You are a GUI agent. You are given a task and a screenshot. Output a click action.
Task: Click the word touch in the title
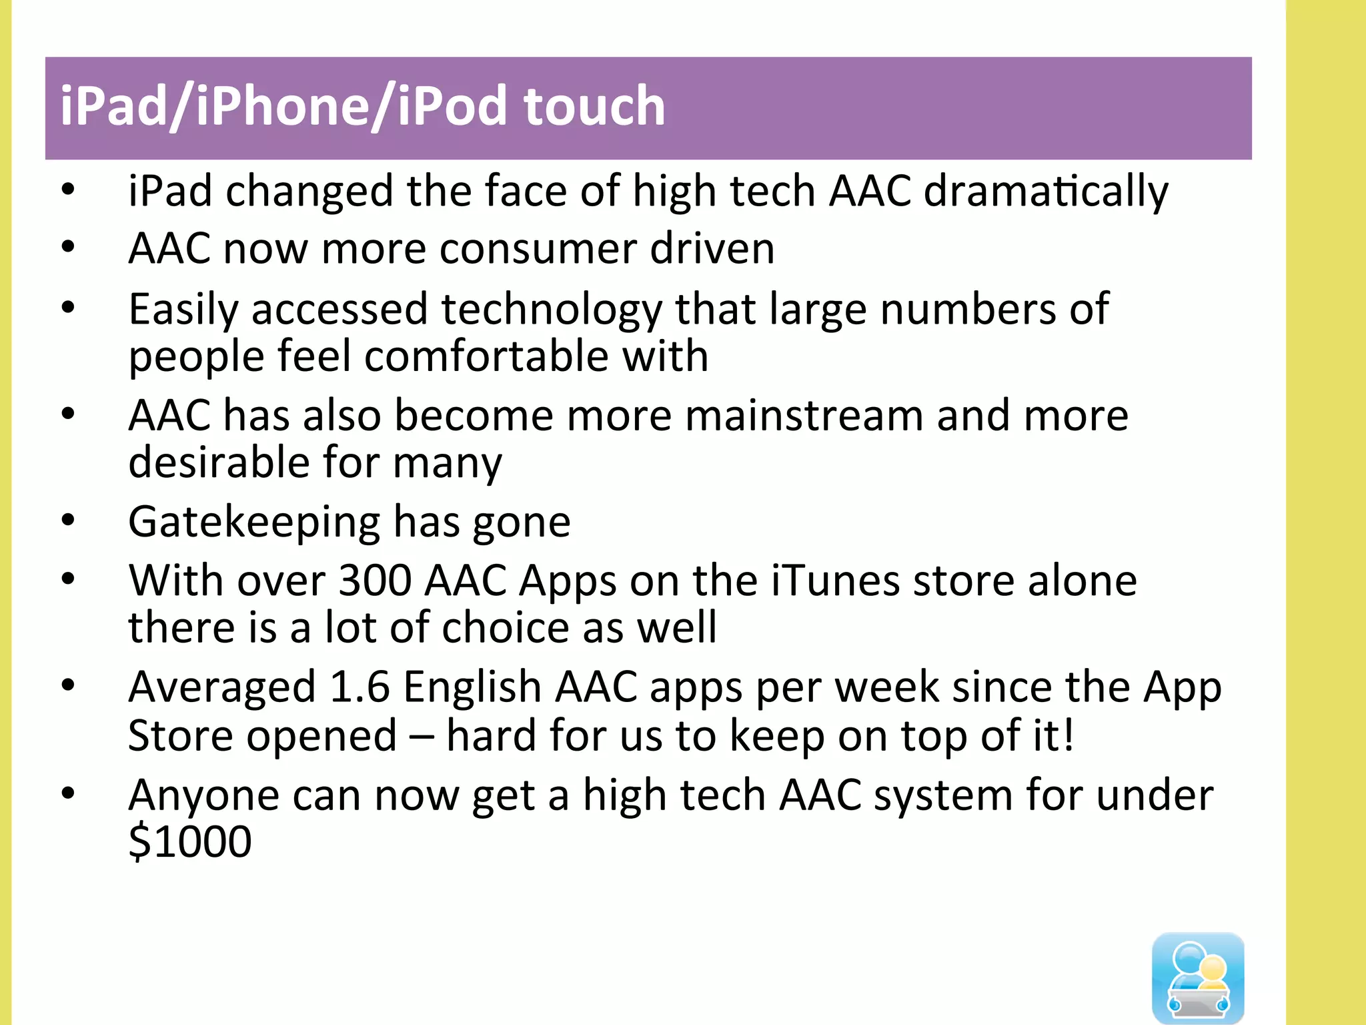[x=594, y=106]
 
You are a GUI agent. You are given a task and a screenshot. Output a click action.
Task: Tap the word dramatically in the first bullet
[x=1045, y=192]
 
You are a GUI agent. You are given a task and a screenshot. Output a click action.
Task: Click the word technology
[x=552, y=310]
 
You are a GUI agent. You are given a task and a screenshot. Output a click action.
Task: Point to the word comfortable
[x=486, y=356]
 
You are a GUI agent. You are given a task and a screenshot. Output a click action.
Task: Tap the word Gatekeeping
[x=254, y=522]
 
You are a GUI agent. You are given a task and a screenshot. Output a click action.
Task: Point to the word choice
[x=504, y=627]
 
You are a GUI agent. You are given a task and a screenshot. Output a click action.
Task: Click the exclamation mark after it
[x=1069, y=735]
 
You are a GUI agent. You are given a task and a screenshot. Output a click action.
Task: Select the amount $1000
[x=190, y=841]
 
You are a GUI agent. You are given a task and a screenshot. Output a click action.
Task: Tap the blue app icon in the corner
[x=1198, y=978]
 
